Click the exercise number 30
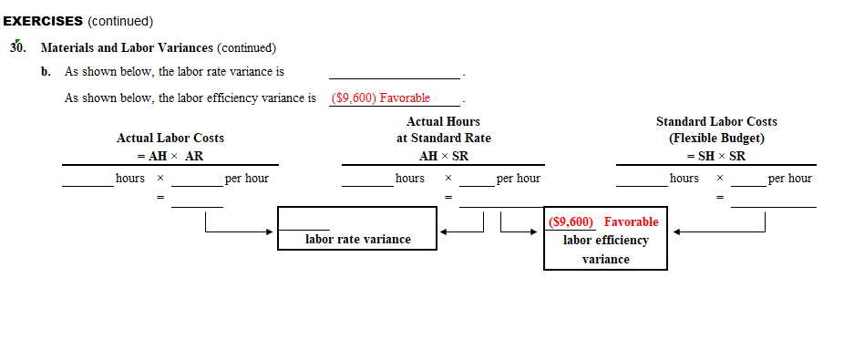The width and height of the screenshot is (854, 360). pos(18,47)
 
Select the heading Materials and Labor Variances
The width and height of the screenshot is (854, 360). pos(127,47)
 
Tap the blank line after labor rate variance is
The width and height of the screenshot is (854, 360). pos(395,72)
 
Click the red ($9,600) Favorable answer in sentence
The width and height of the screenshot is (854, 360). pos(381,98)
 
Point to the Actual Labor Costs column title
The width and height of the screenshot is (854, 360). pos(170,138)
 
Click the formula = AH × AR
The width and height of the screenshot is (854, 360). pos(170,156)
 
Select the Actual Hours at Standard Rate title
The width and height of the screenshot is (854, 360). pos(443,129)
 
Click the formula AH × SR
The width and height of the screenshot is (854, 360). pos(443,156)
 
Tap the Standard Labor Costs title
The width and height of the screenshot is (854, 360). pos(716,121)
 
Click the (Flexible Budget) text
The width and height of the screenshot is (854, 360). pos(716,139)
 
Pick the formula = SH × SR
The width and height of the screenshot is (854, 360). pos(716,156)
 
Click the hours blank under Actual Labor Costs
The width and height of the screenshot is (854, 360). pos(87,180)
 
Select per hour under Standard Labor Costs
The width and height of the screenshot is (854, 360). pos(789,179)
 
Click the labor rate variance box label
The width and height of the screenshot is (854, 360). pos(357,240)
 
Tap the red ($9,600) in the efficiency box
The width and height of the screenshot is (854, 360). pos(572,222)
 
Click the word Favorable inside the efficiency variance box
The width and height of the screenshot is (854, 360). pos(631,222)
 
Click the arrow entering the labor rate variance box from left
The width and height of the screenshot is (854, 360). pos(264,231)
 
